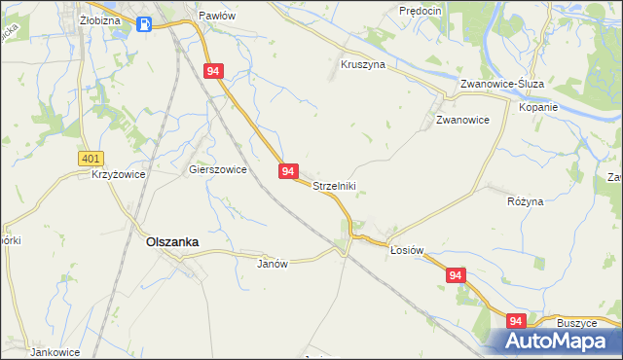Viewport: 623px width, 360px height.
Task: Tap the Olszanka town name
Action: click(x=172, y=242)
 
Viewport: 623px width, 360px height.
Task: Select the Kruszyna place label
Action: click(x=363, y=64)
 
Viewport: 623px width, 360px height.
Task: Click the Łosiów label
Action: click(x=407, y=250)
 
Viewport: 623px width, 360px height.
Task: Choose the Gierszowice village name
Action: click(x=217, y=168)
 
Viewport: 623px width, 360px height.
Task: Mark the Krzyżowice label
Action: click(x=118, y=174)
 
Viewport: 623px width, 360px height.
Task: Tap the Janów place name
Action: click(x=273, y=264)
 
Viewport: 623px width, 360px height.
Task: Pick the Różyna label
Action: click(x=526, y=200)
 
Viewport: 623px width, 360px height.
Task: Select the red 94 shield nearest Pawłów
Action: click(x=215, y=71)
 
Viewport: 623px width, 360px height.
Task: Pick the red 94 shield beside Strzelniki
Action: click(x=288, y=171)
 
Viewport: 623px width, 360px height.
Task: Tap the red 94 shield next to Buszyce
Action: click(x=515, y=321)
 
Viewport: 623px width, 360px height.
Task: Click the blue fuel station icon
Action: click(x=144, y=24)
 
